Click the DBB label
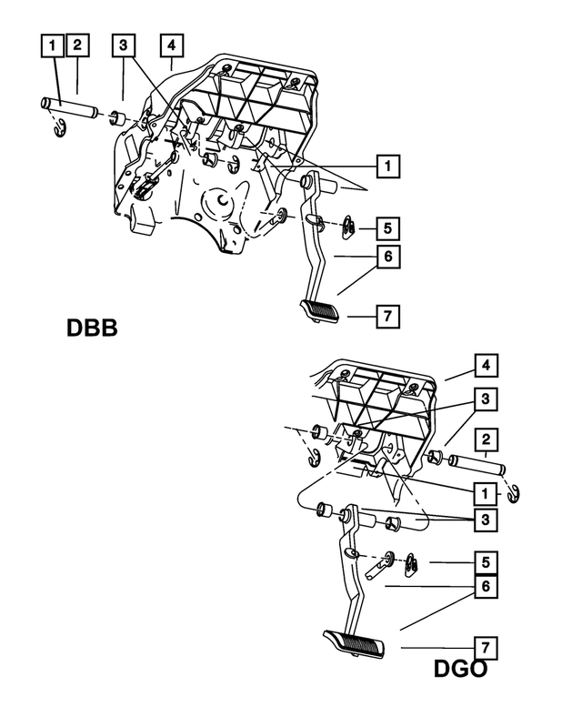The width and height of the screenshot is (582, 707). tap(92, 327)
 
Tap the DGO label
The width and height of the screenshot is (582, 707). tap(460, 669)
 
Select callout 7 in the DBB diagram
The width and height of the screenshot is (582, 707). tap(386, 316)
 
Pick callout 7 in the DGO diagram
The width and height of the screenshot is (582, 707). tap(486, 648)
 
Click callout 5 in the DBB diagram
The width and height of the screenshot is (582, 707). tap(386, 227)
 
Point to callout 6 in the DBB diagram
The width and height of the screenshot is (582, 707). tap(386, 258)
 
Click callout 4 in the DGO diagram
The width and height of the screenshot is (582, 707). tap(486, 367)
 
